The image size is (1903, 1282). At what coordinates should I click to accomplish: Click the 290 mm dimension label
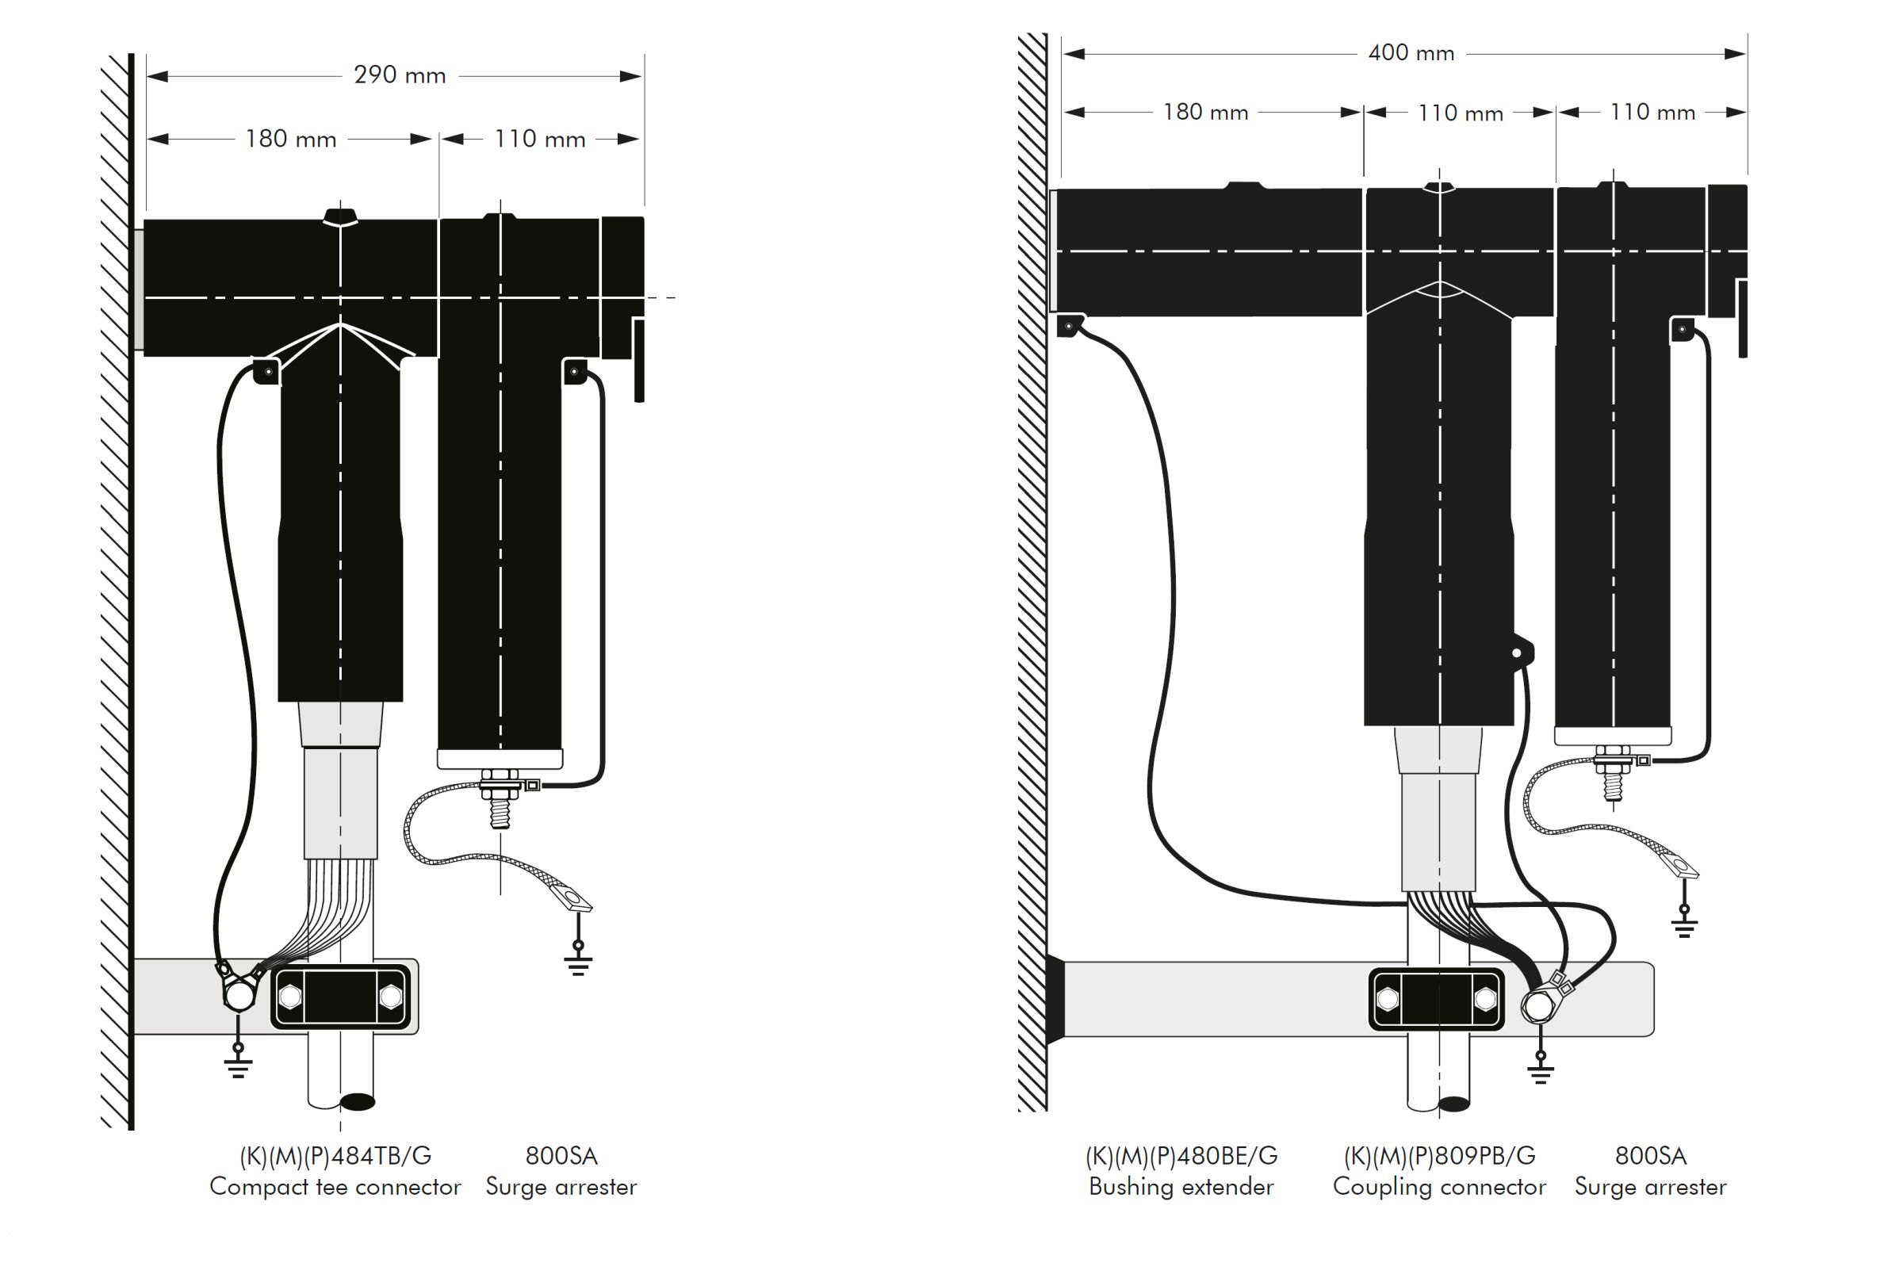399,75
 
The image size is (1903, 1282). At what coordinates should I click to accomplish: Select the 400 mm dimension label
1411,53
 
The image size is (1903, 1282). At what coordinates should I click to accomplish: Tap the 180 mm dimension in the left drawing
290,139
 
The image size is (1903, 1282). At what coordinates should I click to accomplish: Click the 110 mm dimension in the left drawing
539,139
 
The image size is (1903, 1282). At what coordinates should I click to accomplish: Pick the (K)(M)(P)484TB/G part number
335,1155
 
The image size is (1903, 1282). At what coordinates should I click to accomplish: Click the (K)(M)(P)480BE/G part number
1181,1155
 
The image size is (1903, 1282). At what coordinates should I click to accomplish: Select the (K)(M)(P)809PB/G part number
1439,1155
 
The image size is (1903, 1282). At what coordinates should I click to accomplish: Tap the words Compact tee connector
335,1186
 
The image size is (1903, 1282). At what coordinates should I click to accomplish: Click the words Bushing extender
1181,1186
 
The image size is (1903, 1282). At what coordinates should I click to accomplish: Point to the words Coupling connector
1439,1186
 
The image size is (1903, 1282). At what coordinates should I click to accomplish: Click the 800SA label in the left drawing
561,1155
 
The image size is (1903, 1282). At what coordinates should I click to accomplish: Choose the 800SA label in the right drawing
1650,1155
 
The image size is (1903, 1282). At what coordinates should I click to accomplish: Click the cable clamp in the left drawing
340,997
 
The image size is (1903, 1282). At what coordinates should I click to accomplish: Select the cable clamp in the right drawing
1436,999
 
